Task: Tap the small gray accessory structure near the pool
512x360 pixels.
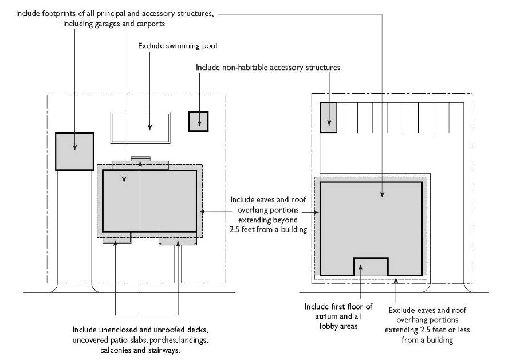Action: (198, 122)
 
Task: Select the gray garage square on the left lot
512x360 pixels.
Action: (74, 151)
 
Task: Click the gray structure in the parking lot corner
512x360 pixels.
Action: (328, 118)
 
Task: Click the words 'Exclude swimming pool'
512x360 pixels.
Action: (178, 45)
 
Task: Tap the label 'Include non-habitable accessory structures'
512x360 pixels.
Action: (268, 68)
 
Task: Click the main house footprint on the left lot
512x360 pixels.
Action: (149, 201)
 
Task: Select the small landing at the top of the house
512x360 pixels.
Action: (140, 158)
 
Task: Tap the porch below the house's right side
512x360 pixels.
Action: (178, 239)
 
